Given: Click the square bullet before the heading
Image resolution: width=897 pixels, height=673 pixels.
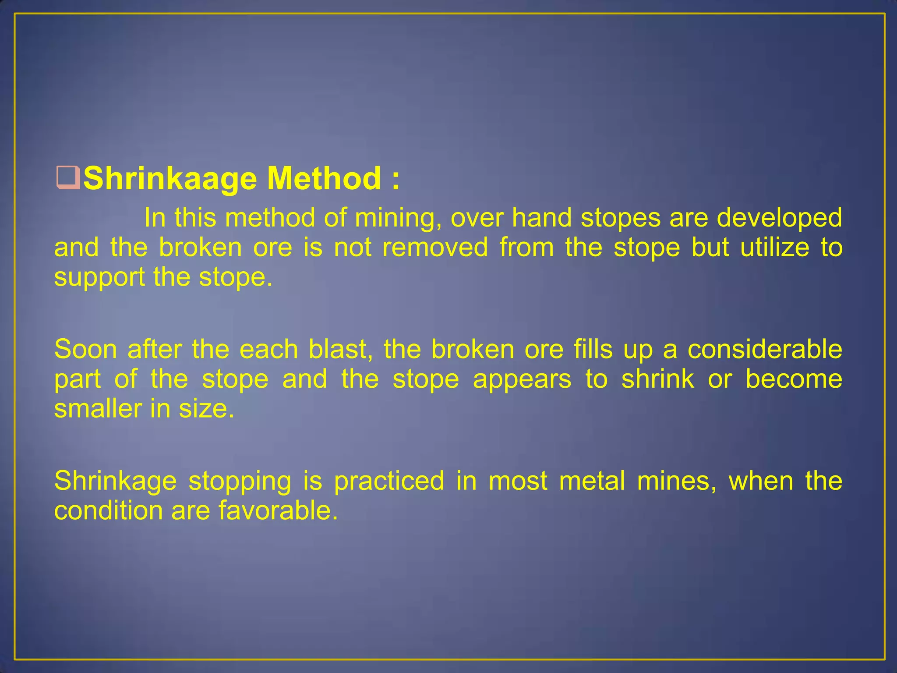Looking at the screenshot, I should click(68, 179).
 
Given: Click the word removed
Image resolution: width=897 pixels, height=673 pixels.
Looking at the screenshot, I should click(435, 247).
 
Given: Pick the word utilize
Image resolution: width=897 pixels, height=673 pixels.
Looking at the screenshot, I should click(774, 247).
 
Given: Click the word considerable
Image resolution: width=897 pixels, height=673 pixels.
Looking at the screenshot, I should click(765, 349).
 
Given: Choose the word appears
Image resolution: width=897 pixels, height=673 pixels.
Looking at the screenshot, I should click(522, 379).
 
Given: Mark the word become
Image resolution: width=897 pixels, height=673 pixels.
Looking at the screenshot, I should click(794, 379).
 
